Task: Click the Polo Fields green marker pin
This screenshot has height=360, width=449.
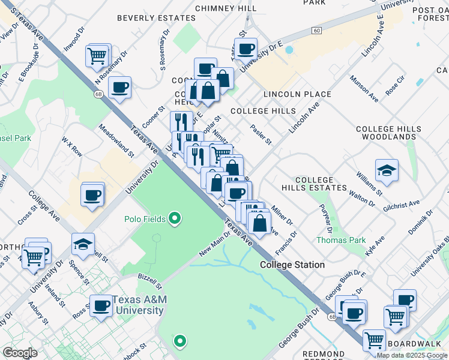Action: [x=175, y=218]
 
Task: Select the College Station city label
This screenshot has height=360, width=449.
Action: [x=292, y=265]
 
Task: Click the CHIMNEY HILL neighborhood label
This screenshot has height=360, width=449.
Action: [x=226, y=8]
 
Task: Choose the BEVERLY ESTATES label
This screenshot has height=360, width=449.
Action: [x=156, y=19]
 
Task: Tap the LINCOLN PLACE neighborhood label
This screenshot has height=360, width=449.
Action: [x=297, y=94]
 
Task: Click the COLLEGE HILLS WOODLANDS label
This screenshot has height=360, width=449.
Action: [x=394, y=133]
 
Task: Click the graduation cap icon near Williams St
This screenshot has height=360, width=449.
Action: [x=387, y=170]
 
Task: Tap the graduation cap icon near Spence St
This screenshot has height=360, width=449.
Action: [x=83, y=244]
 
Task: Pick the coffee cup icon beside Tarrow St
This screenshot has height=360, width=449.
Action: [x=246, y=49]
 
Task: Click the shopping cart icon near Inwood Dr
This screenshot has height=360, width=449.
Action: [x=97, y=56]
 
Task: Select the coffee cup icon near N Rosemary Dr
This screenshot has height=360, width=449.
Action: [x=119, y=88]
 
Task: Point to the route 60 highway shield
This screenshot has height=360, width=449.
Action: [x=317, y=30]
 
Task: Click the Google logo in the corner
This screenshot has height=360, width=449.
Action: [x=20, y=353]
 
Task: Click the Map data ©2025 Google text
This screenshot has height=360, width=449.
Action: [x=412, y=355]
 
